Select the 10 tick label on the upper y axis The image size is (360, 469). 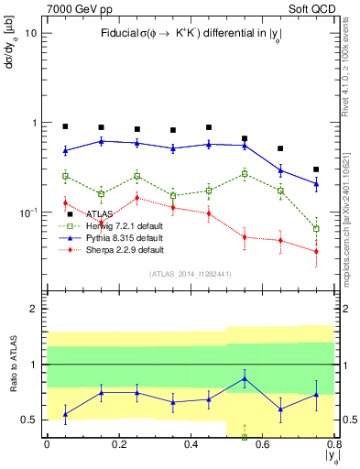click(x=31, y=33)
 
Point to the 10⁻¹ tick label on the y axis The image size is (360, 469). click(x=27, y=212)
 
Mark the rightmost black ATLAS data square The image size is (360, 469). click(x=316, y=169)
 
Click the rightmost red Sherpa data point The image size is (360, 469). click(x=316, y=252)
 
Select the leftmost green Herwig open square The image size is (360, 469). click(x=65, y=176)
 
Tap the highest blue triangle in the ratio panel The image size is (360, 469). click(x=245, y=378)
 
